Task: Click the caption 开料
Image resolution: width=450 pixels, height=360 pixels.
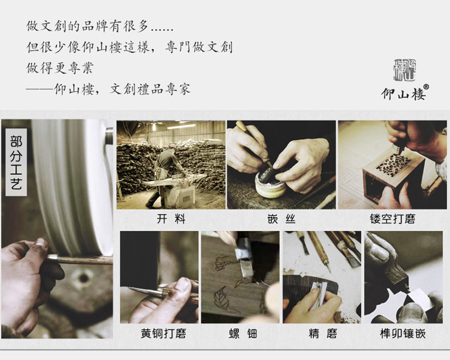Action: [171, 219]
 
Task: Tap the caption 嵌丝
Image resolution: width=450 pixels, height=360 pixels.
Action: [281, 219]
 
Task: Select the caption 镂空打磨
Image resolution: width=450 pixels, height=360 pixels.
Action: [392, 219]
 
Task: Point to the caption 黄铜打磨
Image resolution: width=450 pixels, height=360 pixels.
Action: [163, 334]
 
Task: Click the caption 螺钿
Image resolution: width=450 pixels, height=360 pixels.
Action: [243, 334]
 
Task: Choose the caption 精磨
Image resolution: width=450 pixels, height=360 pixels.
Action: [323, 334]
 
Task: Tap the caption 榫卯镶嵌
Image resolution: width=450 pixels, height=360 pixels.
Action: [403, 334]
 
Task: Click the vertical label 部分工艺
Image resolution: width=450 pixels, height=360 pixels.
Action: [16, 162]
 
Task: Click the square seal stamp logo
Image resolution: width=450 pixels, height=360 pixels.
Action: [404, 70]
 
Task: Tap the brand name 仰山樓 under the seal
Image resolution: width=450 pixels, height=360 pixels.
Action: [403, 94]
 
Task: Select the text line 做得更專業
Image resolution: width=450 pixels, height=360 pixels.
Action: [60, 68]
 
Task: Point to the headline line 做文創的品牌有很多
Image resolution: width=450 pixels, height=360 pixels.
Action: [100, 26]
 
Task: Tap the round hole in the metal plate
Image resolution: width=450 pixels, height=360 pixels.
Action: [83, 278]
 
